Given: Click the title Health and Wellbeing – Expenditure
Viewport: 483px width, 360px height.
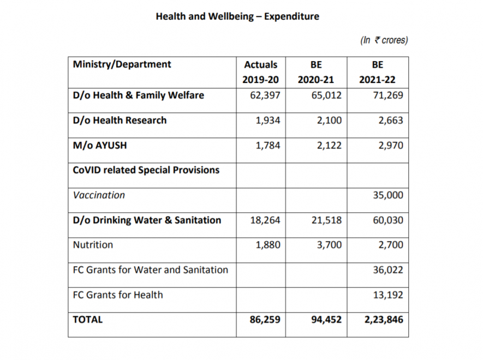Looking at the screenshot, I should pyautogui.click(x=237, y=16).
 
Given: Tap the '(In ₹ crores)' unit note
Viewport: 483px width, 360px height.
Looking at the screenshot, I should pyautogui.click(x=384, y=40).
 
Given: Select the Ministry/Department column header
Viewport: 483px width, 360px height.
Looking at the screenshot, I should pyautogui.click(x=122, y=64).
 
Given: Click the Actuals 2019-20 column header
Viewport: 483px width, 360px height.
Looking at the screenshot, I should pyautogui.click(x=261, y=72).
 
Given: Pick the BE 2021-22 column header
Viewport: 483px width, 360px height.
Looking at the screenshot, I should pyautogui.click(x=377, y=72).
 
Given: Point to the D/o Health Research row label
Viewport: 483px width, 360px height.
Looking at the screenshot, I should pyautogui.click(x=120, y=121).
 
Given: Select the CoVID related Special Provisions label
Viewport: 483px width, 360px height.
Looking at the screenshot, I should pyautogui.click(x=146, y=170).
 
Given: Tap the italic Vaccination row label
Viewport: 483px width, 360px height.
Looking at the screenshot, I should pyautogui.click(x=99, y=195).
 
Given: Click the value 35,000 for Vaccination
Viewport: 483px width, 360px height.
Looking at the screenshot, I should pyautogui.click(x=388, y=195).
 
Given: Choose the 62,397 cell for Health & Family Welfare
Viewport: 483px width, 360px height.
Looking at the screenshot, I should pyautogui.click(x=265, y=95).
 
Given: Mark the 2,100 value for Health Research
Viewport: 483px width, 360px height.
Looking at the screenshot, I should pyautogui.click(x=329, y=121).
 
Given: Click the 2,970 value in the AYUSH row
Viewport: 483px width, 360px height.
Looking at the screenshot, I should pyautogui.click(x=391, y=145).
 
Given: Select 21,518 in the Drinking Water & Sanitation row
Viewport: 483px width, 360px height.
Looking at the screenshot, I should pyautogui.click(x=326, y=220).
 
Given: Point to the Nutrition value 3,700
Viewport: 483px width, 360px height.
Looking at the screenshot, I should pyautogui.click(x=329, y=245).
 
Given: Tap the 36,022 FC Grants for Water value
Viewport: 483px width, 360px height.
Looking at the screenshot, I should pyautogui.click(x=388, y=270).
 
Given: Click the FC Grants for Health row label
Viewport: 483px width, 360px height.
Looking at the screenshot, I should pyautogui.click(x=117, y=295).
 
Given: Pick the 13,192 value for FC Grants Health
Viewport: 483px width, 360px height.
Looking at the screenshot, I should pyautogui.click(x=388, y=295).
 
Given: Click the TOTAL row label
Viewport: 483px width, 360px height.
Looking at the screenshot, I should pyautogui.click(x=88, y=320).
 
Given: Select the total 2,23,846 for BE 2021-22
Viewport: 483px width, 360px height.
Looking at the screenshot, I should pyautogui.click(x=384, y=320).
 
